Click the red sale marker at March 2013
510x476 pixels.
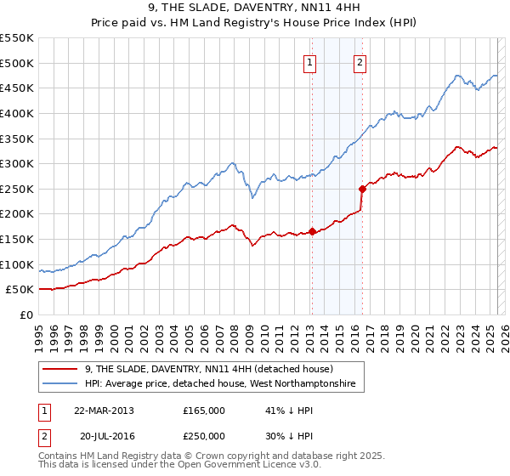point(312,230)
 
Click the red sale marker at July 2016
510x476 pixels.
point(362,189)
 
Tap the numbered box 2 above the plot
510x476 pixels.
point(360,62)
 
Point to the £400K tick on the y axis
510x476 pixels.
point(19,113)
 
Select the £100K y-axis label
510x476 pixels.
point(19,264)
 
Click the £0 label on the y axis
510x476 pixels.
point(26,314)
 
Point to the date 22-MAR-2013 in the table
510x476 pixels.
point(104,411)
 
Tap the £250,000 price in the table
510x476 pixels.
point(203,436)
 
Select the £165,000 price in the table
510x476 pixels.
point(203,411)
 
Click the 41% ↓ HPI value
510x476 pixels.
point(289,411)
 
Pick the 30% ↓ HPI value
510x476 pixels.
point(289,436)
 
